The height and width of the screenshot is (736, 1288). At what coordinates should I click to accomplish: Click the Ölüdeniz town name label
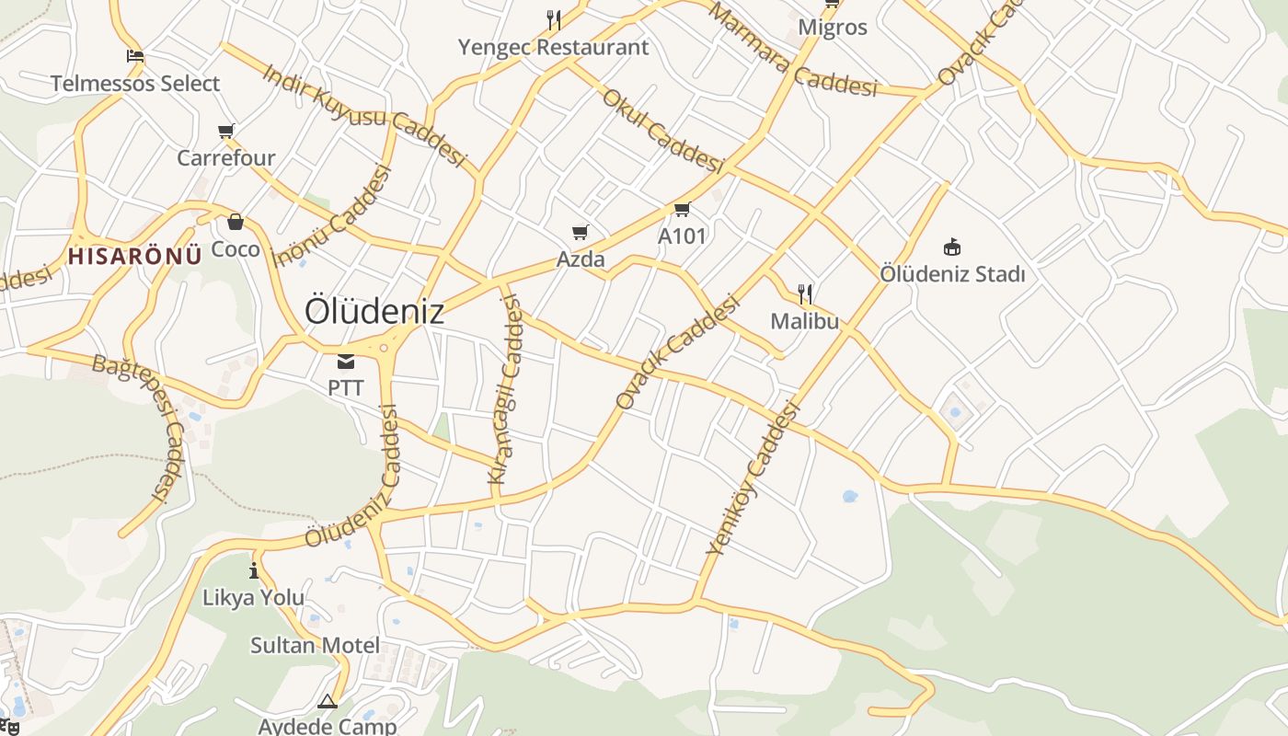374,311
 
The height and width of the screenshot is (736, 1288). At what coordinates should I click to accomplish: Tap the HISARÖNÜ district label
134,256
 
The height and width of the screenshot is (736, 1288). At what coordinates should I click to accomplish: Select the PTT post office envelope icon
346,361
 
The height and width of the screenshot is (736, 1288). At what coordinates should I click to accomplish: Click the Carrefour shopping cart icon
226,131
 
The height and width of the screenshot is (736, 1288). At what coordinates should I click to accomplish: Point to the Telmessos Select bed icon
135,55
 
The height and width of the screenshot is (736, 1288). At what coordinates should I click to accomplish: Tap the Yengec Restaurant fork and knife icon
554,19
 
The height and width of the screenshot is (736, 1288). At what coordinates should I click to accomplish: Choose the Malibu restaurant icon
805,294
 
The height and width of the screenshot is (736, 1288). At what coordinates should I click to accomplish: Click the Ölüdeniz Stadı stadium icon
952,247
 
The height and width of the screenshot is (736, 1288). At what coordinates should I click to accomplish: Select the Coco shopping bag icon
236,222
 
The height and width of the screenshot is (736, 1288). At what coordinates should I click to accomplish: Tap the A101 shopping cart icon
682,210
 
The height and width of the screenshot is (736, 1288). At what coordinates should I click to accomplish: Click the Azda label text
581,259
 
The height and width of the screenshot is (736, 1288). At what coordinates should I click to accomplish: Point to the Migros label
833,27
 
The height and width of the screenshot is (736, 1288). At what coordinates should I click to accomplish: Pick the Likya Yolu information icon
254,570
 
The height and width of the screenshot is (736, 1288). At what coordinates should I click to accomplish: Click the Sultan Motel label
315,645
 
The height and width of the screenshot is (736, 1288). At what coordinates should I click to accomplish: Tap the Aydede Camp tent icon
328,702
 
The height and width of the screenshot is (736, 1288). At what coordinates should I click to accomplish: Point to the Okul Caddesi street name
662,132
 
